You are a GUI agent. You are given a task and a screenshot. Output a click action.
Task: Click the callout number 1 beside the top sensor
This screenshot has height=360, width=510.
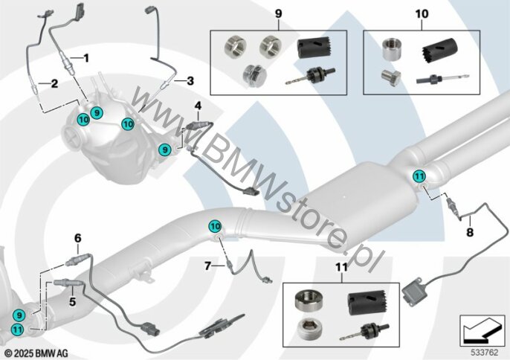[86, 58]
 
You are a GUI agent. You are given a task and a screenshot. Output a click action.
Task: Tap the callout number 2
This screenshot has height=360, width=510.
[55, 83]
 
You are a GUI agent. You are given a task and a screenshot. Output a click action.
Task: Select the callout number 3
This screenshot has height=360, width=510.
[190, 81]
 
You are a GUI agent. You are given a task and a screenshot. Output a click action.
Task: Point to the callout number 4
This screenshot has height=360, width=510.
[198, 106]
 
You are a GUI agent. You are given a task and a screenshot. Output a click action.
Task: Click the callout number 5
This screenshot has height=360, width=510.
[72, 302]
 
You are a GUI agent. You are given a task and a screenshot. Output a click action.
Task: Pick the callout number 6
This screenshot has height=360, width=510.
[78, 238]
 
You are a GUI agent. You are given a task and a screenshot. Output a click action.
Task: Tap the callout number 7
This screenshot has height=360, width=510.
[208, 266]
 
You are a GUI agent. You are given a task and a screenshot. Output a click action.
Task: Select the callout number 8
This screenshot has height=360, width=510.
[470, 232]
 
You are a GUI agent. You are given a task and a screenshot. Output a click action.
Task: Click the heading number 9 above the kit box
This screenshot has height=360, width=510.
[278, 14]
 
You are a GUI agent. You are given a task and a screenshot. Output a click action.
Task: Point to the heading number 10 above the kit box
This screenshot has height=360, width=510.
[422, 14]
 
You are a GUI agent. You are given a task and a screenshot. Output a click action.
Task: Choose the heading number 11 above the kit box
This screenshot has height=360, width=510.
[341, 267]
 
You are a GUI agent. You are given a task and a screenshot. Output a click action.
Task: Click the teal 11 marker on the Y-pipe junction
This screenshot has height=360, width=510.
[419, 176]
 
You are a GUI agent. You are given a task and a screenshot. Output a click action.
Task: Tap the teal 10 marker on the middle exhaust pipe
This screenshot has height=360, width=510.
[215, 226]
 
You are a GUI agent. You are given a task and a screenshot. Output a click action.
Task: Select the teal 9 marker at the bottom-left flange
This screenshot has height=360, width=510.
[19, 315]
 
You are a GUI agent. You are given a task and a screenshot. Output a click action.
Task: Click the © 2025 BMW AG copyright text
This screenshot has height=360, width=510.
[36, 353]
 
